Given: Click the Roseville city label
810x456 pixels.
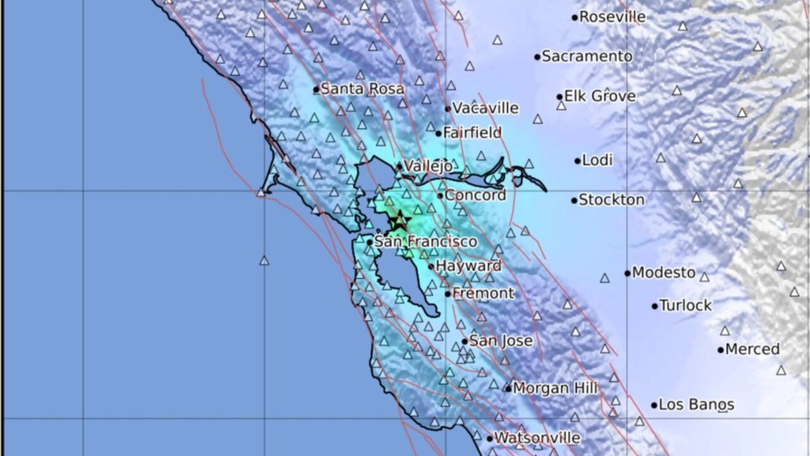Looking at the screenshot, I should tap(612, 17).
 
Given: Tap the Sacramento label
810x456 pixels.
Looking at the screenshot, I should tap(587, 56).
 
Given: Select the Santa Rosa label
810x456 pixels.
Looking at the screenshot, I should tap(362, 89).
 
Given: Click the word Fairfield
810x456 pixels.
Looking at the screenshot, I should tap(471, 133).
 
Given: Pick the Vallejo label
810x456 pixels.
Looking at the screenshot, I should tap(428, 166).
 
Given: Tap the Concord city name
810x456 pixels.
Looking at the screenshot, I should tap(475, 195).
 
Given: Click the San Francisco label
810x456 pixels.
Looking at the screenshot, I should tap(425, 241).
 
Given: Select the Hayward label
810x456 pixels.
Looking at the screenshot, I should tap(468, 266).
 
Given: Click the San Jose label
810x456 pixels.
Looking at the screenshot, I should tap(501, 341).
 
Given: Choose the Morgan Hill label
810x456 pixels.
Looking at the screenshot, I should tap(555, 388).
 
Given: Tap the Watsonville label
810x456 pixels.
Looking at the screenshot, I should tap(537, 438).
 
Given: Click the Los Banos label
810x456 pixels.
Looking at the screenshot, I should tap(696, 404).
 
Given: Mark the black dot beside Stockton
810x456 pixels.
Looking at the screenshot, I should tap(574, 201).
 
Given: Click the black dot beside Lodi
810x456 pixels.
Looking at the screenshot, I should tap(577, 161).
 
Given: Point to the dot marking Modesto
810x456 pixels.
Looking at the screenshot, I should tap(628, 274).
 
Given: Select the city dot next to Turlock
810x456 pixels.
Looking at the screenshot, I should tap(655, 306).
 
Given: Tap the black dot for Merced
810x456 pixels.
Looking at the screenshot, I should tap(721, 350).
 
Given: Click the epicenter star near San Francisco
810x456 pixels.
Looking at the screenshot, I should tap(399, 222).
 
